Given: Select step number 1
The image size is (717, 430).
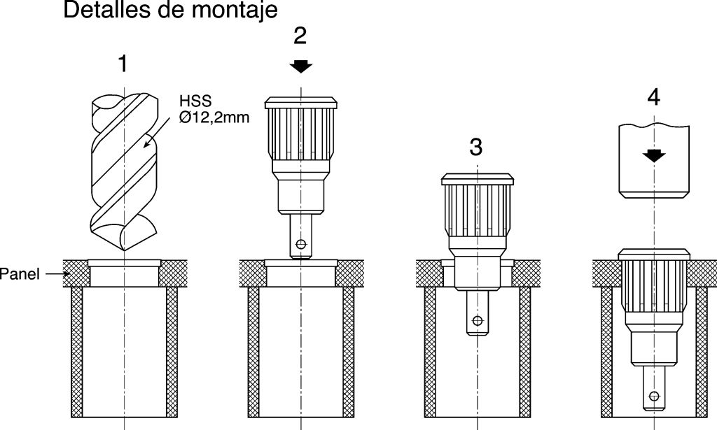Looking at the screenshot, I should pos(123,65).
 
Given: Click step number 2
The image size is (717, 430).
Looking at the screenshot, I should pos(300,36).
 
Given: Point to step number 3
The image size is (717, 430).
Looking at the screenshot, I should pos(476,147).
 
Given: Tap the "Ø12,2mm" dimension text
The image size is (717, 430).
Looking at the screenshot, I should pos(214,118).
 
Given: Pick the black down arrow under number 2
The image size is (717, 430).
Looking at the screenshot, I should pos(301,66).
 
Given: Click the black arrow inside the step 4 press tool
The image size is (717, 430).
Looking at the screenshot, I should pos(654,155).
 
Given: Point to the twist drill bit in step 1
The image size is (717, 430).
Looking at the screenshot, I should pos(125,171).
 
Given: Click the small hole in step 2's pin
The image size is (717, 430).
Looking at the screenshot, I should pos(300,244).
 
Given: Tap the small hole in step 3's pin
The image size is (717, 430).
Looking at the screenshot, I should pos(478,321).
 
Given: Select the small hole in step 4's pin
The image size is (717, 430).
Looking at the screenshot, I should pos(653,396).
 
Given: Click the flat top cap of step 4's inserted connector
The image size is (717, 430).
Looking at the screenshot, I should pos(654,253).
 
